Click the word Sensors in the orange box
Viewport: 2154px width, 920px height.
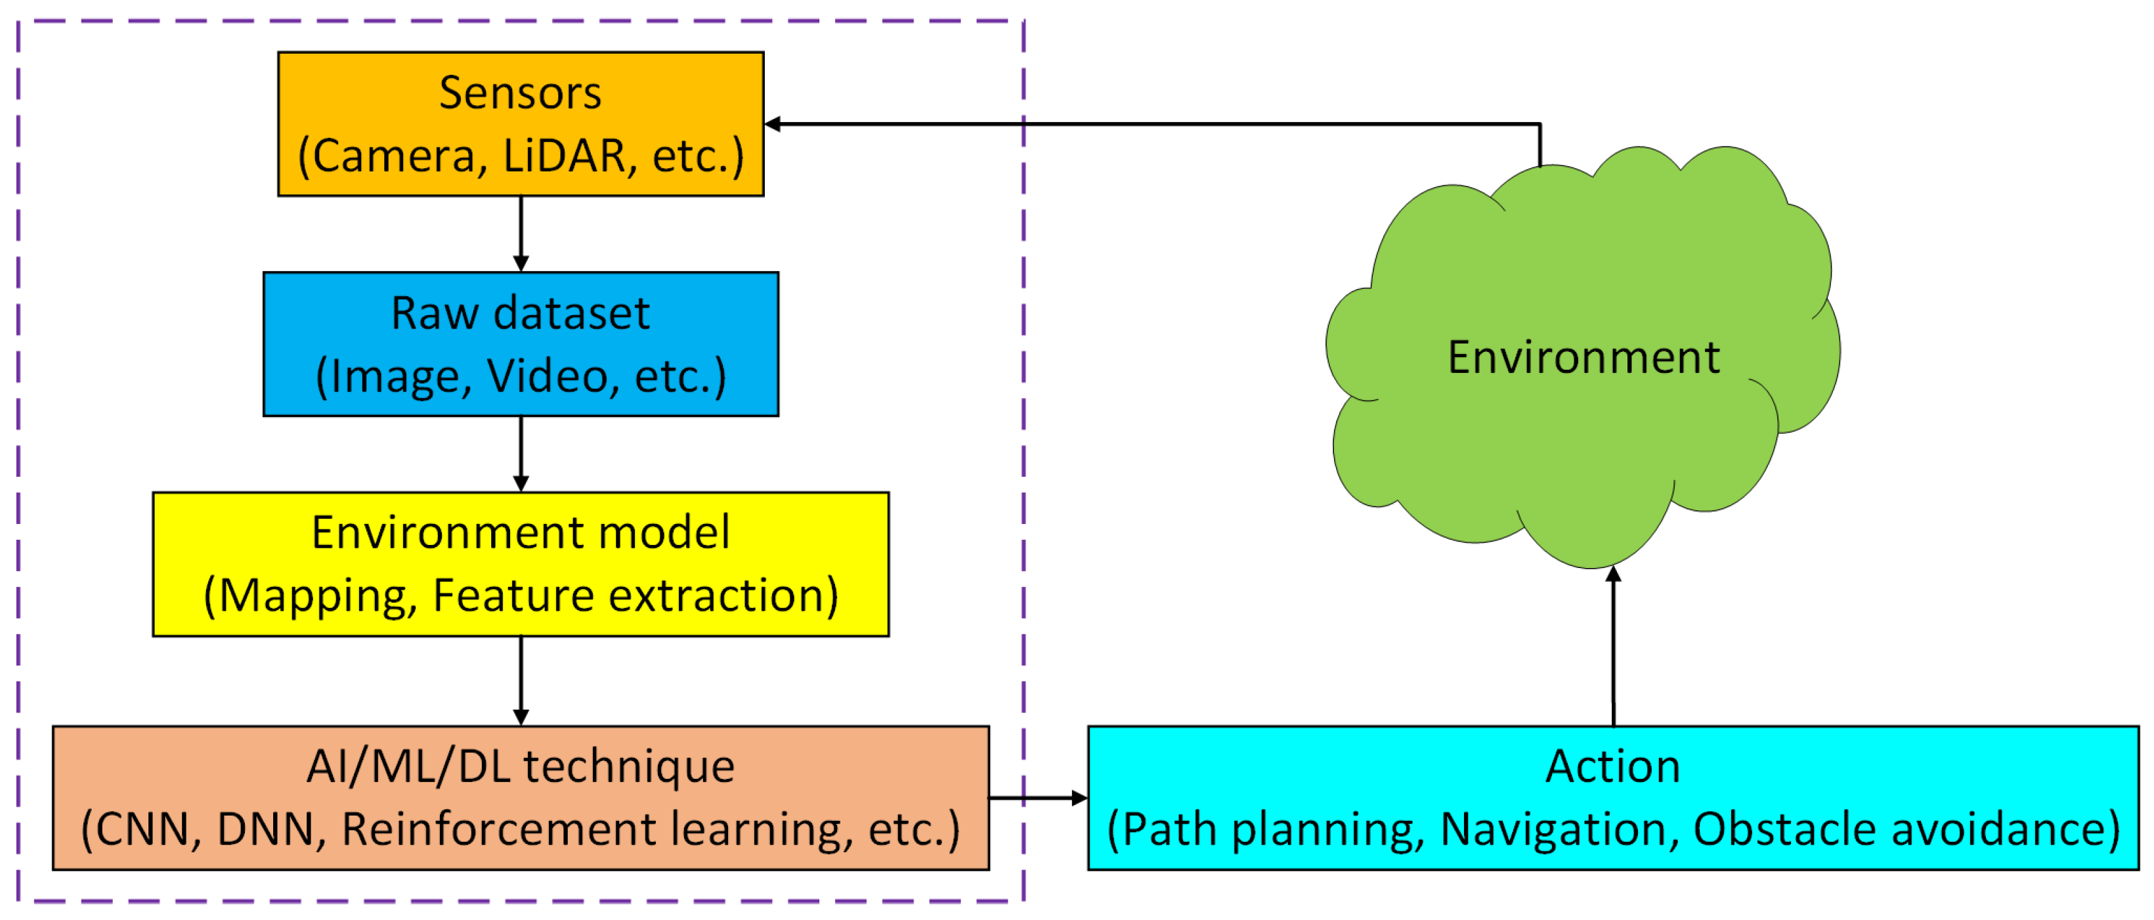click(x=520, y=93)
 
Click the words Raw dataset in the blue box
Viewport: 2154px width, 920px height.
click(x=520, y=314)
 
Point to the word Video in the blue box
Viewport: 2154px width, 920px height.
click(x=548, y=376)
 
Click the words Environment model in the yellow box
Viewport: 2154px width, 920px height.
click(x=520, y=533)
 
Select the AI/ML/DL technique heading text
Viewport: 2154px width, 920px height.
click(x=520, y=766)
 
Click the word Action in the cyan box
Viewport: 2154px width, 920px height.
click(x=1612, y=766)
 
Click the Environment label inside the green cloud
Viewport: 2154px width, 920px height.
click(x=1583, y=358)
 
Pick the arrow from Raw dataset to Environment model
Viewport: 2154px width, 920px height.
click(x=521, y=452)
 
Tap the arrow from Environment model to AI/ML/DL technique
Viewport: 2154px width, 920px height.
click(x=521, y=679)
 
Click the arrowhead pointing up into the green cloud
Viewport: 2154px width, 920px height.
click(x=1613, y=575)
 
